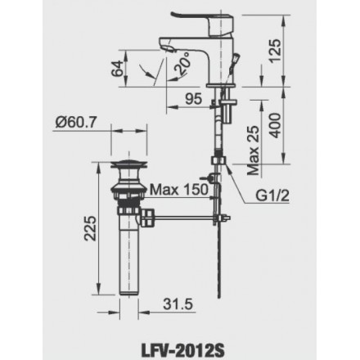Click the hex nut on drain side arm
150,217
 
